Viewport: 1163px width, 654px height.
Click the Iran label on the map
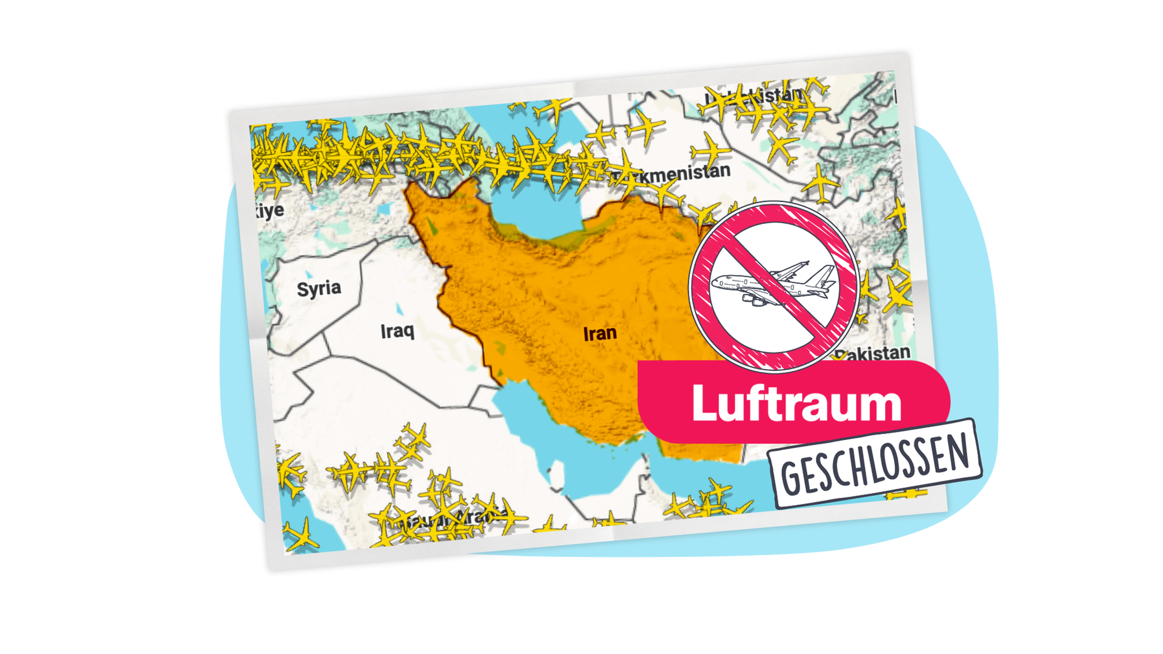pyautogui.click(x=600, y=334)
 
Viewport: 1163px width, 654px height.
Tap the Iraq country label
pyautogui.click(x=397, y=331)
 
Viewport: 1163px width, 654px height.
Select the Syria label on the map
pyautogui.click(x=319, y=288)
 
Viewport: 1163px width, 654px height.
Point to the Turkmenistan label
pyautogui.click(x=678, y=174)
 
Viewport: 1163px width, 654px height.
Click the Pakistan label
pyautogui.click(x=875, y=353)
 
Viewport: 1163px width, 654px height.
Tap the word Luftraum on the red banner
pyautogui.click(x=796, y=403)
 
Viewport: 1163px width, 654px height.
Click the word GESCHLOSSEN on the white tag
pyautogui.click(x=875, y=464)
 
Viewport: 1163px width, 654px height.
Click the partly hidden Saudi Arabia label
pyautogui.click(x=451, y=518)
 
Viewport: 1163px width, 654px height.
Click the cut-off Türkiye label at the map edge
pyautogui.click(x=270, y=211)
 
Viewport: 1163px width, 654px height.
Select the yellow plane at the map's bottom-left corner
pyautogui.click(x=301, y=536)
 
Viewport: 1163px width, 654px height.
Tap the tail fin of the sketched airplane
pyautogui.click(x=824, y=276)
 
